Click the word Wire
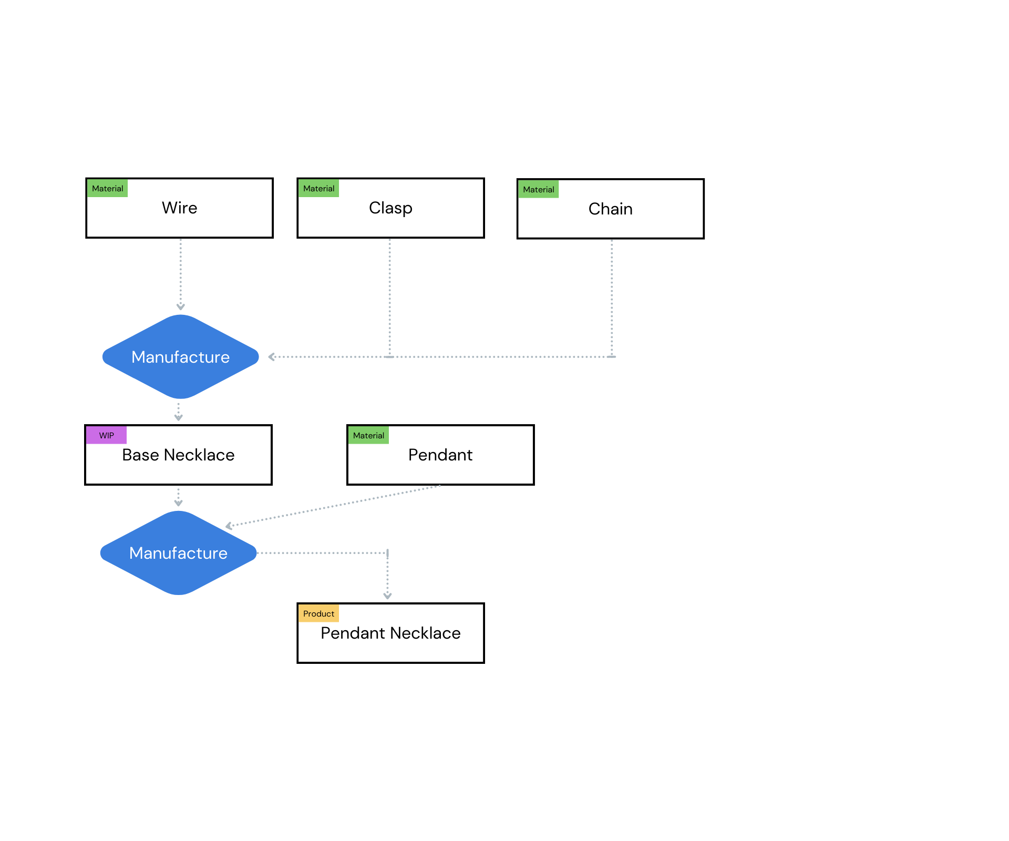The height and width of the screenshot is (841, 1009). click(x=179, y=208)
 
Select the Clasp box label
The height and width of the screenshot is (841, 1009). click(x=390, y=208)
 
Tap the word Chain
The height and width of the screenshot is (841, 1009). click(x=610, y=209)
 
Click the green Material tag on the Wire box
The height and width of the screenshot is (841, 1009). click(x=107, y=188)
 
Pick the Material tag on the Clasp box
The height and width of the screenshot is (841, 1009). click(x=318, y=188)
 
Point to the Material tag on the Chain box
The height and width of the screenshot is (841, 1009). click(x=538, y=189)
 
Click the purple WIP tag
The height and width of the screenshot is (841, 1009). click(x=106, y=435)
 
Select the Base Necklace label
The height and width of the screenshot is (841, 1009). click(x=178, y=455)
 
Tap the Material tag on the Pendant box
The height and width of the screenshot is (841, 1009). click(x=368, y=435)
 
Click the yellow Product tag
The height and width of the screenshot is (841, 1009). click(x=318, y=613)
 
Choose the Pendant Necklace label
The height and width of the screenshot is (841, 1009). click(x=390, y=633)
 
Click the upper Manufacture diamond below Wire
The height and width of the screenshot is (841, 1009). click(x=180, y=357)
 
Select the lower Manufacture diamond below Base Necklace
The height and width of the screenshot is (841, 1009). click(x=178, y=553)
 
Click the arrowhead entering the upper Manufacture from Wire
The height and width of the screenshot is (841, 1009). click(x=180, y=307)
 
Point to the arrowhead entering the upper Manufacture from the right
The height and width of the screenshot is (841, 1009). click(x=271, y=357)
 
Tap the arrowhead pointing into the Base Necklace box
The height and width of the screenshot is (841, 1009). click(x=178, y=418)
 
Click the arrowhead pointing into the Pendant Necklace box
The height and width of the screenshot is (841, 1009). click(x=387, y=596)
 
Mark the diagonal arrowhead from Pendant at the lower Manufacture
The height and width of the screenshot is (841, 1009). click(x=229, y=526)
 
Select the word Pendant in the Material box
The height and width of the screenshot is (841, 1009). click(x=440, y=455)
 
